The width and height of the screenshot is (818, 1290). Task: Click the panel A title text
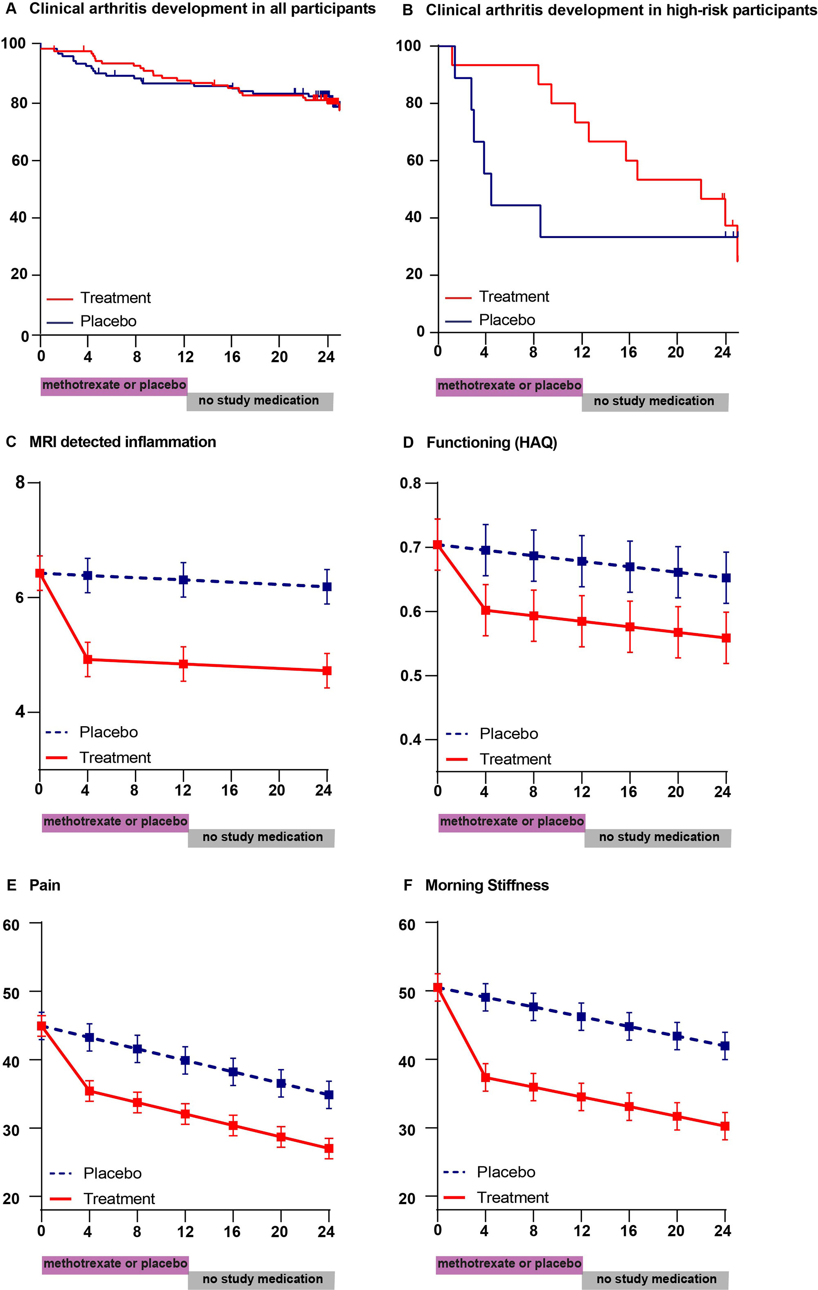[x=202, y=9]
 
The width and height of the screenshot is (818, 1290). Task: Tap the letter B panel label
[x=408, y=10]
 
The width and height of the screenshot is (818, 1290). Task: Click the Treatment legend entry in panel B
[x=514, y=297]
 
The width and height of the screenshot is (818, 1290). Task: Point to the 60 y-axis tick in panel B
[x=415, y=160]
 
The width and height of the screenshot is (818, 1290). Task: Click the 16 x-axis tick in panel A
[x=232, y=357]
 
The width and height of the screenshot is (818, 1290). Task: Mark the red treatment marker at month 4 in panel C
[x=88, y=660]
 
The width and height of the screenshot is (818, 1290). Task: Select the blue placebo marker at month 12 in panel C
[x=184, y=580]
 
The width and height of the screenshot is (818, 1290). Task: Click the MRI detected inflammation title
[x=123, y=442]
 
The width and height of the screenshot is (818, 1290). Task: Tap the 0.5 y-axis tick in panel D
[x=411, y=675]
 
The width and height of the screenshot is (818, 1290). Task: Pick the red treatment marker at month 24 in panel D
[x=726, y=638]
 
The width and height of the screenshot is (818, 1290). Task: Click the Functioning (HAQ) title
[x=491, y=443]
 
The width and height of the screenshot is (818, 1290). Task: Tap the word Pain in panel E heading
[x=45, y=885]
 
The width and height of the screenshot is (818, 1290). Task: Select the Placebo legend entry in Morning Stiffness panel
[x=506, y=1173]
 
